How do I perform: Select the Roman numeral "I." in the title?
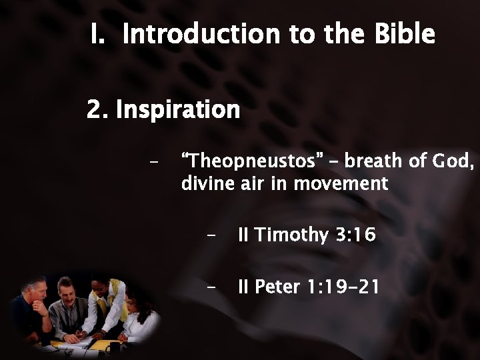pyautogui.click(x=99, y=34)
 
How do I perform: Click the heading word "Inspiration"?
pyautogui.click(x=178, y=109)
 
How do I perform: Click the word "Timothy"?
pyautogui.click(x=291, y=235)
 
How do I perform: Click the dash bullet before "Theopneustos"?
pyautogui.click(x=155, y=162)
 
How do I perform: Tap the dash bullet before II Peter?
pyautogui.click(x=211, y=288)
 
